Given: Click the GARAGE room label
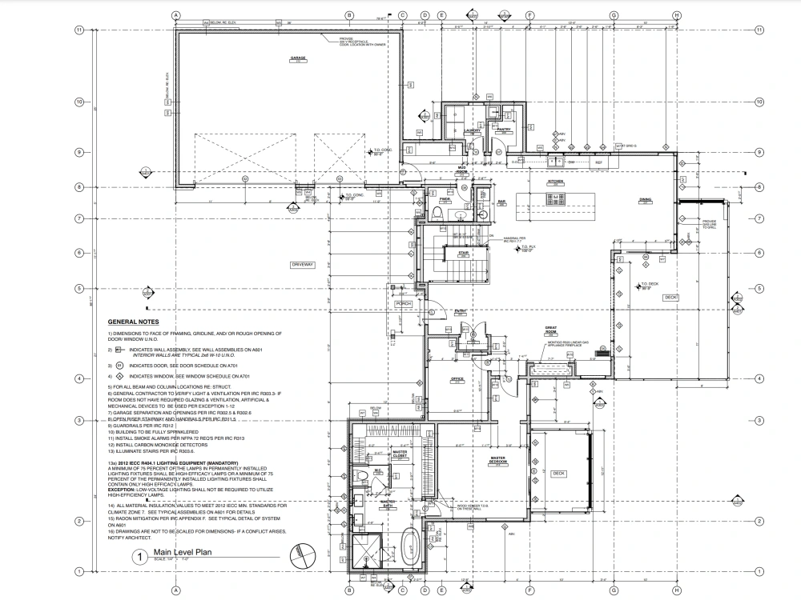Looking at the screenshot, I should point(299,60).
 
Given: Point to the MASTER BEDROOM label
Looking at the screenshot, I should point(501,460).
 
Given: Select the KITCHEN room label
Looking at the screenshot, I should point(556,182).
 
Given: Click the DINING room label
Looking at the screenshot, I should point(645,200).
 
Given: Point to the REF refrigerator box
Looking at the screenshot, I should point(598,162).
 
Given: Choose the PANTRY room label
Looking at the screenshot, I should point(505,130).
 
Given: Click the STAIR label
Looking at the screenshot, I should point(463,252).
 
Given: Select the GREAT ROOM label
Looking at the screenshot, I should point(551,329).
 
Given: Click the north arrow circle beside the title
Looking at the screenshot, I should point(303,554).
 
